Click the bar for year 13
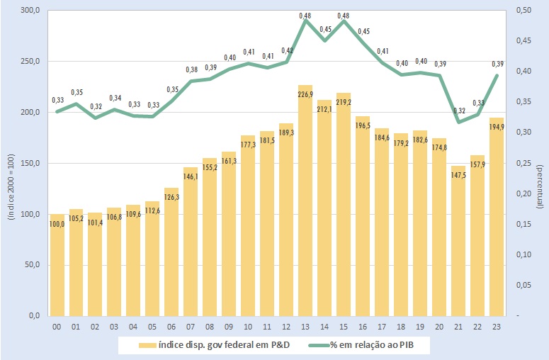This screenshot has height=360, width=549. coord(305,206)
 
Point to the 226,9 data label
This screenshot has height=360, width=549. coord(305,94)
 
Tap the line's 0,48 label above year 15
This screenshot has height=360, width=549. coord(344,16)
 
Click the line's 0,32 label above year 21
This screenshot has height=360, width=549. coord(458,111)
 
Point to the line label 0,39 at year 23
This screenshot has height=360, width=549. coord(498,64)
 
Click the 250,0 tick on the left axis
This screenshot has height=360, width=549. coord(30,62)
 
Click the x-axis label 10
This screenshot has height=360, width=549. coord(248,326)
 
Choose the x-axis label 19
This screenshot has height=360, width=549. coord(420,326)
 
